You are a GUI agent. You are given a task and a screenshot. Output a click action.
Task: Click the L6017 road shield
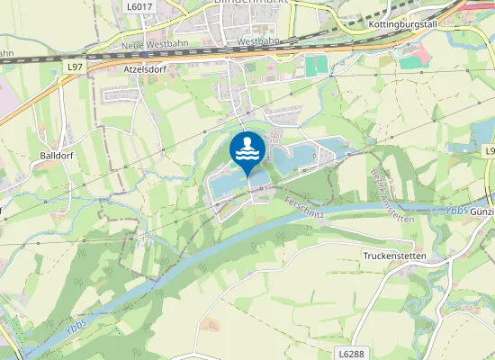139,6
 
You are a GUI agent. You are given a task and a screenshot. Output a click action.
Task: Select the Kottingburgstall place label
402,24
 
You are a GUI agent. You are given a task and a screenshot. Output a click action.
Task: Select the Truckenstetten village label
394,256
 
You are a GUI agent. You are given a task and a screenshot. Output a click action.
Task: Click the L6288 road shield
352,354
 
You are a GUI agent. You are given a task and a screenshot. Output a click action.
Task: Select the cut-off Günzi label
482,211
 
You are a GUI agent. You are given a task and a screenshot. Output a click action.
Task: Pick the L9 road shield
489,150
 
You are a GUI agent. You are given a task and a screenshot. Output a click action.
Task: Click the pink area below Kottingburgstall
412,58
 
